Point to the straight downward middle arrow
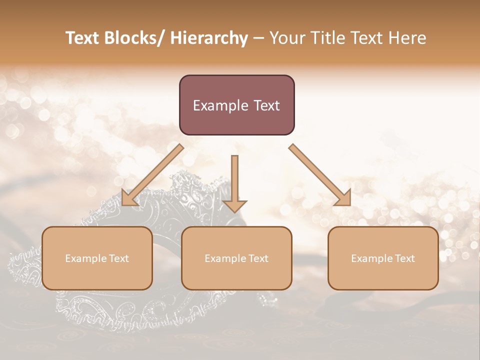[234, 182]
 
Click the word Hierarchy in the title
[209, 38]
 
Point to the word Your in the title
[287, 38]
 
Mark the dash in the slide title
[258, 38]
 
